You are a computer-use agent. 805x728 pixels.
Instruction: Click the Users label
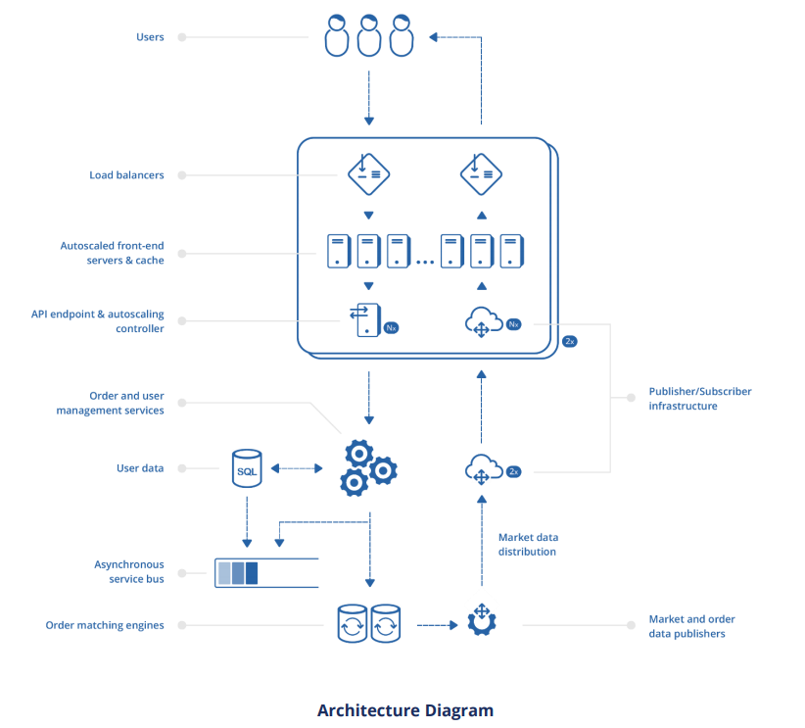(150, 37)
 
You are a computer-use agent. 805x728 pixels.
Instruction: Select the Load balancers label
(126, 175)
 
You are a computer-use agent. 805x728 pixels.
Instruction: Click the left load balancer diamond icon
(369, 173)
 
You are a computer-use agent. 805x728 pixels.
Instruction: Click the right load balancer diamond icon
(481, 173)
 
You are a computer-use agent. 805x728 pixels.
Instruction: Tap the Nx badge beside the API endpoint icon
(391, 328)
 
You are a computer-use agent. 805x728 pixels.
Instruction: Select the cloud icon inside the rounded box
(481, 321)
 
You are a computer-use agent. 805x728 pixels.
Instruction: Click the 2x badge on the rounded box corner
(570, 341)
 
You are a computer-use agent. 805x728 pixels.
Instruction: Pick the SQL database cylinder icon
(247, 469)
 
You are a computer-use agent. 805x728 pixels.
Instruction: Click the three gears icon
(368, 468)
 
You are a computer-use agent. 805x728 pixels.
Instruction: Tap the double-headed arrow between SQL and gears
(296, 469)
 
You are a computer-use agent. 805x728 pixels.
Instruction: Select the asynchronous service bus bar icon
(266, 572)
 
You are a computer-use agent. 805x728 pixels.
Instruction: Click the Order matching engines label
(105, 625)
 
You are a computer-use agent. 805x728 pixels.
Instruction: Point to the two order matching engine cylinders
(369, 623)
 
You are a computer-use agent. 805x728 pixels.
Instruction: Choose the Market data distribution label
(528, 545)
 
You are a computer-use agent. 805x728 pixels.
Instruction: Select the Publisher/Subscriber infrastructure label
(700, 399)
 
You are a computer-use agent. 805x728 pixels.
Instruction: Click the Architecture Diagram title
(404, 710)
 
